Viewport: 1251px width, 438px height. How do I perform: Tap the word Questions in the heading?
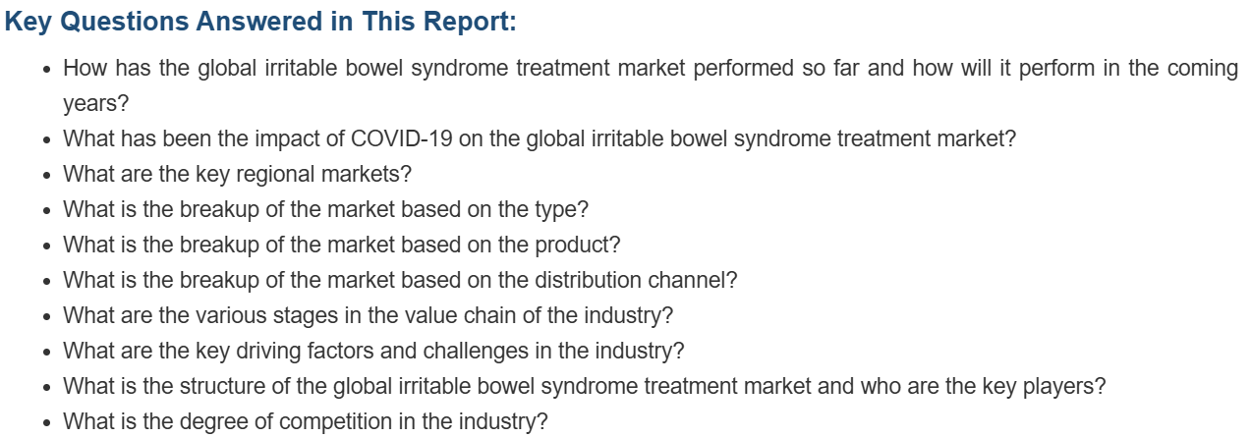tap(125, 23)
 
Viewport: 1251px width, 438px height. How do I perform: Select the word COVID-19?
tap(402, 138)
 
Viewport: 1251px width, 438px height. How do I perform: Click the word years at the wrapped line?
tap(92, 104)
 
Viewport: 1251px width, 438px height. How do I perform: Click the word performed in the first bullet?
tap(743, 69)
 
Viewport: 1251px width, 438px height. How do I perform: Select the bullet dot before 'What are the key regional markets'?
tap(47, 175)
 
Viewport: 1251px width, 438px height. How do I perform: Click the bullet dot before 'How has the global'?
tap(47, 70)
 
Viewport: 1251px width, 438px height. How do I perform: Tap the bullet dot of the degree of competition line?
tap(47, 423)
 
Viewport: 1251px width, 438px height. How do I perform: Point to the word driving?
tap(268, 352)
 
